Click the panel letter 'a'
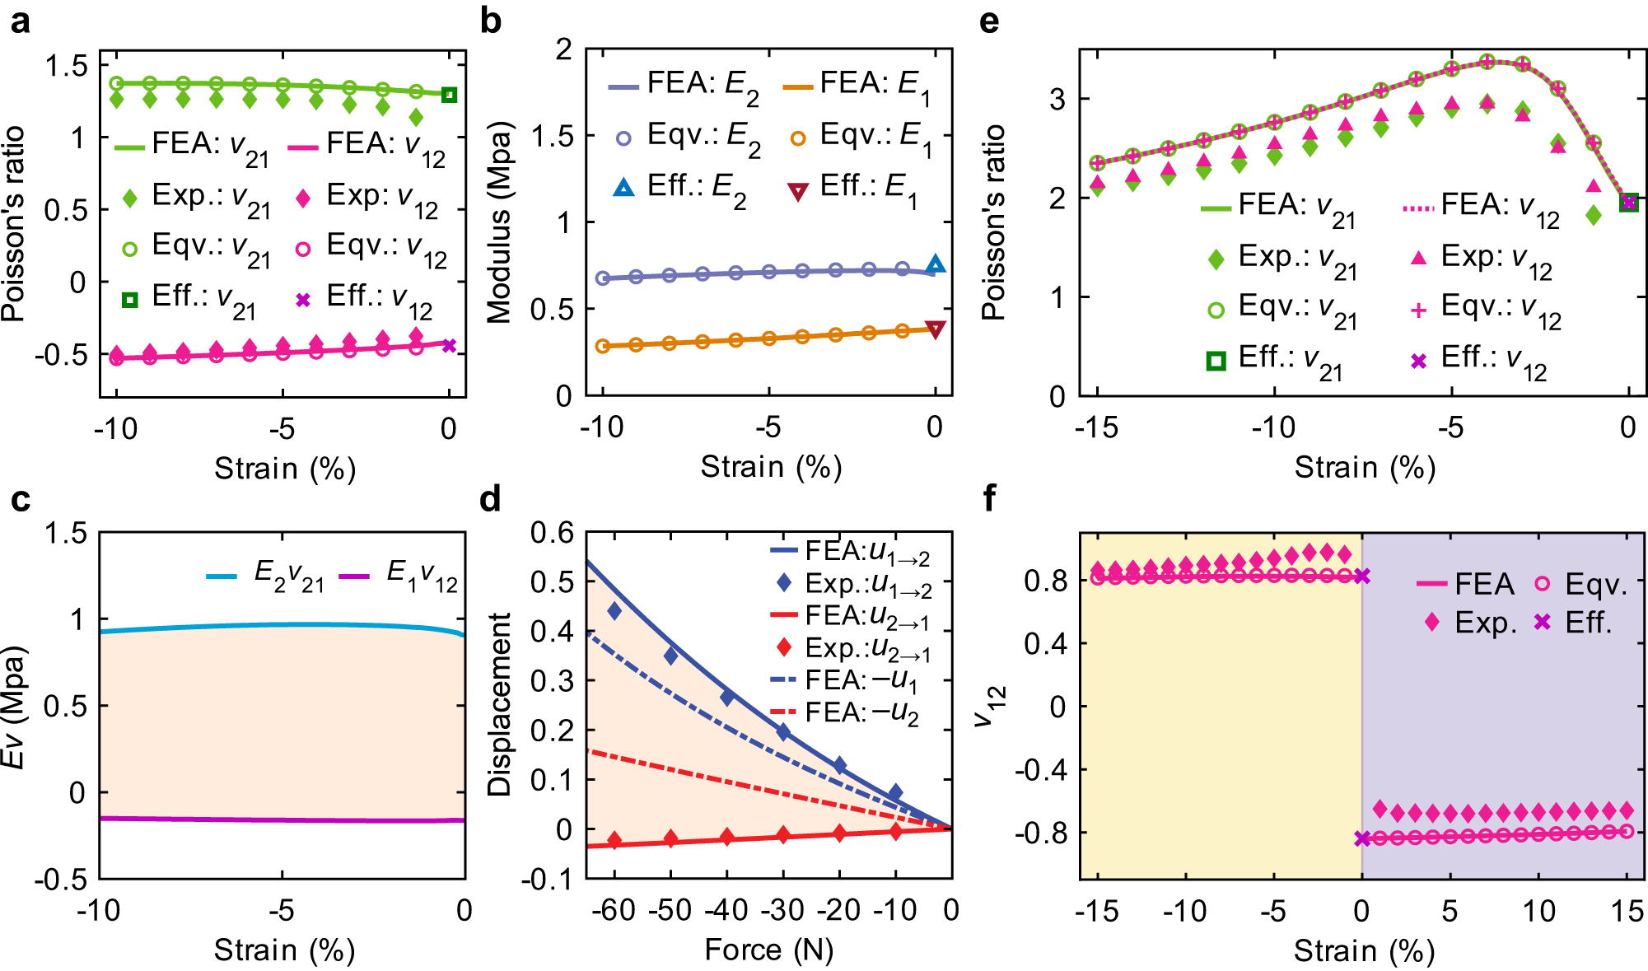20,21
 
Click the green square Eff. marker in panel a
449,95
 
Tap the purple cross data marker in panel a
449,345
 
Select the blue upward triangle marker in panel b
935,264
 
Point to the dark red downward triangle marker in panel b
935,330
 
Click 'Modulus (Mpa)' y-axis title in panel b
499,222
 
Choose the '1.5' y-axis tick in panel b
552,136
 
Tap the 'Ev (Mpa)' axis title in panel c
14,707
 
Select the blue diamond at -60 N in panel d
614,610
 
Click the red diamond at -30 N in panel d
783,834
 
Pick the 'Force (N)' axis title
769,950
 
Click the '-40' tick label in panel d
726,910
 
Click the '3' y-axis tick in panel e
1057,99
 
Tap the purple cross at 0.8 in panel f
1362,577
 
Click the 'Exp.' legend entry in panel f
1471,623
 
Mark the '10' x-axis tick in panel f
1538,911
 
